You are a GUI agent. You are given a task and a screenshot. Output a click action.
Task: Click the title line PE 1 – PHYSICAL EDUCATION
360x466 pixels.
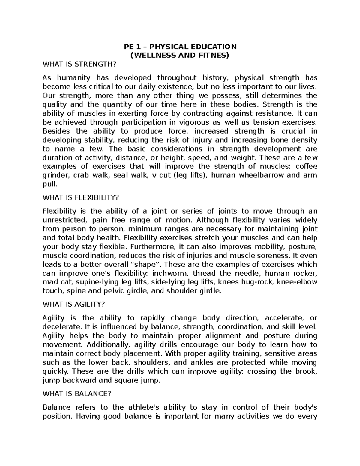click(181, 47)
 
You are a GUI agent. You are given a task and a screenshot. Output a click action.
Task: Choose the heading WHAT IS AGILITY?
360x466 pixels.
click(74, 304)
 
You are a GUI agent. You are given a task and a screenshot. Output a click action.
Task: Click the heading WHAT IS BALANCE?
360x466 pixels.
click(77, 394)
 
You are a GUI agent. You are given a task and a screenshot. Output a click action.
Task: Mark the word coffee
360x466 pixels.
click(307, 167)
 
